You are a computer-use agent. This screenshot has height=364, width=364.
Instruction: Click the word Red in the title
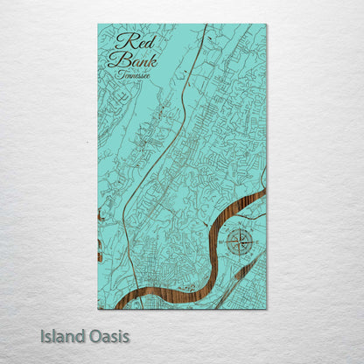pos(129,40)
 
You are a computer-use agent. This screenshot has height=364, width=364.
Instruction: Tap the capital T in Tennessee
pos(119,75)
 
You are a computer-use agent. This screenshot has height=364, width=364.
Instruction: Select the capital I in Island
pos(42,335)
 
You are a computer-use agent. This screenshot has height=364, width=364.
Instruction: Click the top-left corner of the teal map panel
pos(98,24)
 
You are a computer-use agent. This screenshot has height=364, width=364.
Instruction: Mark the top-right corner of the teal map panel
pos(266,24)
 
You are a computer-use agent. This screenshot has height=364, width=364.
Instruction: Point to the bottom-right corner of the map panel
pos(266,309)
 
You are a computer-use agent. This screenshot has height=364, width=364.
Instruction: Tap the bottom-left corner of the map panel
pos(98,309)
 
